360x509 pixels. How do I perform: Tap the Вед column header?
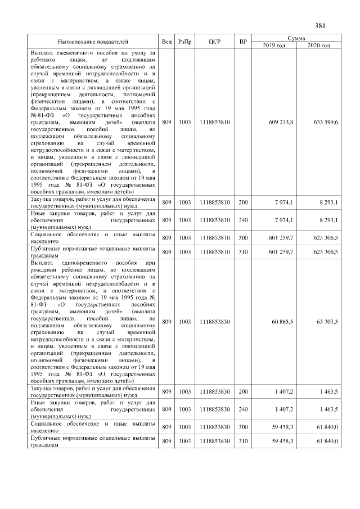coord(167,42)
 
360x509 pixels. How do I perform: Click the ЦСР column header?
coord(214,42)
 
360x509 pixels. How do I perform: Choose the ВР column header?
coord(243,42)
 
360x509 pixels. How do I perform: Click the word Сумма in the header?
coord(296,38)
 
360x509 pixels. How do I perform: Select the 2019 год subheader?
coord(274,45)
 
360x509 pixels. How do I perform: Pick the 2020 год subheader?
coord(318,45)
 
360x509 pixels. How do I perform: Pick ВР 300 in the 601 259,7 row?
coord(243,238)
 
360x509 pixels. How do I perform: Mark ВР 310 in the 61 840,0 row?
coord(243,442)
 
